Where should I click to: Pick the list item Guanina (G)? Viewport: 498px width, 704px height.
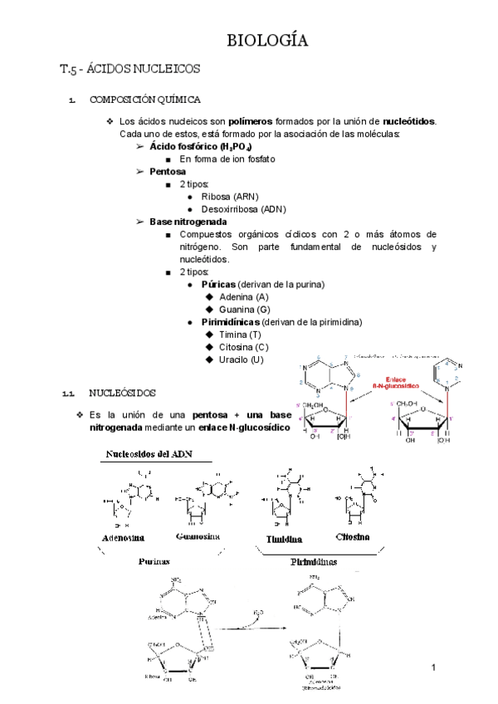click(x=243, y=310)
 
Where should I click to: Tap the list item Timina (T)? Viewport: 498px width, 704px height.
click(x=239, y=335)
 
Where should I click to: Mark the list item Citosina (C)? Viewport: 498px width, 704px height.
click(x=243, y=347)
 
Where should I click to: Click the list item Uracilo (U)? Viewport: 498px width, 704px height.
click(x=241, y=359)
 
